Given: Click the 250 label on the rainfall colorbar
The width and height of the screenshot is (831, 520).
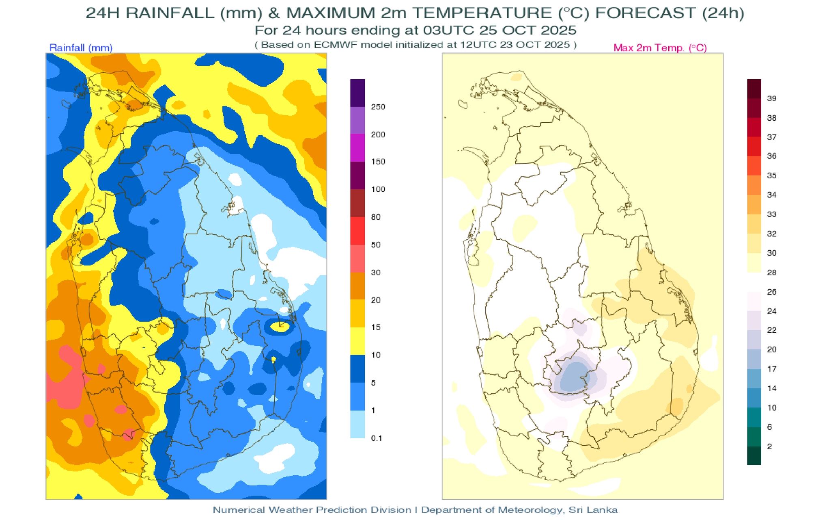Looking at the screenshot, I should pyautogui.click(x=378, y=107).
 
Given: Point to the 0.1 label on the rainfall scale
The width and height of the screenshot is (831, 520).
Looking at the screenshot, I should pyautogui.click(x=377, y=438).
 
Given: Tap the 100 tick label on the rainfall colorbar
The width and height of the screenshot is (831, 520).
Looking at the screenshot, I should pyautogui.click(x=378, y=189).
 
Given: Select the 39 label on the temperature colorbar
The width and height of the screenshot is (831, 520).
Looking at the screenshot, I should pyautogui.click(x=771, y=98).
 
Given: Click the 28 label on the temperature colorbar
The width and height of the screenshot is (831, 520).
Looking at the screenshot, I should pyautogui.click(x=771, y=272).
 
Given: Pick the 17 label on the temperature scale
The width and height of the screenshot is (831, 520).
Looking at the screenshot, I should pyautogui.click(x=771, y=369).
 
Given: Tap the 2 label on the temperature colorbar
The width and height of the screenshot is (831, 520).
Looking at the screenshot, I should pyautogui.click(x=770, y=446).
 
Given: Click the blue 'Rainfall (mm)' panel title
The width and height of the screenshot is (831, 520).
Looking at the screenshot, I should pyautogui.click(x=81, y=48).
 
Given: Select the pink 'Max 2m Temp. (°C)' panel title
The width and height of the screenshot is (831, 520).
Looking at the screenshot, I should pyautogui.click(x=660, y=48).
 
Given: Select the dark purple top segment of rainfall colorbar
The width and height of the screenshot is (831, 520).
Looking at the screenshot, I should pyautogui.click(x=357, y=93).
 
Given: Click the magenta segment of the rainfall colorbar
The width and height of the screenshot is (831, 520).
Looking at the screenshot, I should pyautogui.click(x=357, y=148).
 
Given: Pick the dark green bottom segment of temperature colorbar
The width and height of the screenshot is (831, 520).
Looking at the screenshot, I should pyautogui.click(x=754, y=456).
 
